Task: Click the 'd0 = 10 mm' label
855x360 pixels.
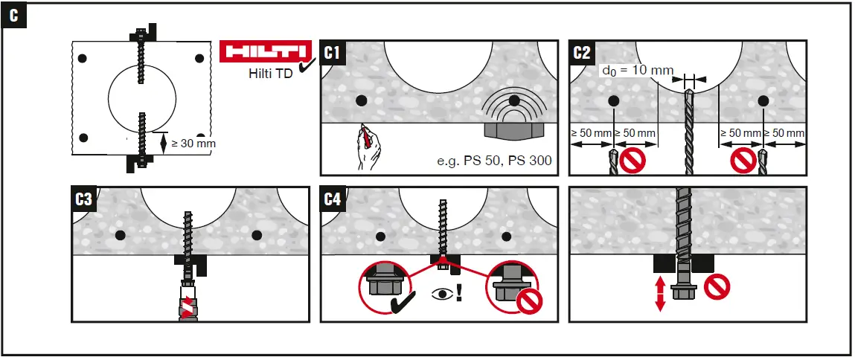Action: (x=635, y=71)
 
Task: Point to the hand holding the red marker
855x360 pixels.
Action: (x=368, y=148)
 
